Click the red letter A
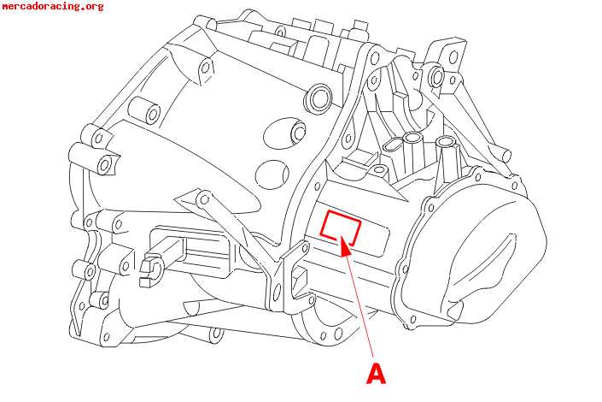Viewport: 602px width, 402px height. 376,373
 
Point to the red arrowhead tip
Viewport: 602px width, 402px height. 342,239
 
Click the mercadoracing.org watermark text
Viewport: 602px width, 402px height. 53,6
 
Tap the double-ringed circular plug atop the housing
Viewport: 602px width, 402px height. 319,98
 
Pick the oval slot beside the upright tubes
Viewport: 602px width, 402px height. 393,145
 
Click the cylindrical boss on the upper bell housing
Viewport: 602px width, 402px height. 145,109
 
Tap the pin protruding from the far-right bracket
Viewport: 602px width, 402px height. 504,154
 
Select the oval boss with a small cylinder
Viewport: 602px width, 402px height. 285,133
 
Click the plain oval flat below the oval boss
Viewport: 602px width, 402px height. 272,174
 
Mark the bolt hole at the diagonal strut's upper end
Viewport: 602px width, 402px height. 204,200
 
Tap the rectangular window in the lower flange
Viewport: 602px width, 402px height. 299,278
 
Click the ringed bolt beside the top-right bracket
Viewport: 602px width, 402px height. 436,77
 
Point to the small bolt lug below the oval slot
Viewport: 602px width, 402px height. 381,169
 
